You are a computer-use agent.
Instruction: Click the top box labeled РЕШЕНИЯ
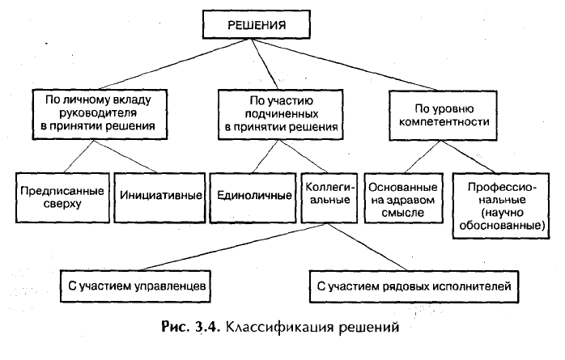pyautogui.click(x=257, y=24)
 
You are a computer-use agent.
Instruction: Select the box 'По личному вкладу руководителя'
pyautogui.click(x=100, y=115)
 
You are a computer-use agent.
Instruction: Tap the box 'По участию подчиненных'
pyautogui.click(x=280, y=115)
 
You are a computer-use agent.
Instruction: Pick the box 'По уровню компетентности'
pyautogui.click(x=444, y=115)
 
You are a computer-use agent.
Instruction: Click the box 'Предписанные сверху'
pyautogui.click(x=62, y=197)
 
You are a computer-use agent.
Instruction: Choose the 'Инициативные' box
pyautogui.click(x=159, y=197)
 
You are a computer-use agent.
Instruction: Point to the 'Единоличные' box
pyautogui.click(x=253, y=197)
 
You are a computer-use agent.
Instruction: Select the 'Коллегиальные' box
pyautogui.click(x=329, y=197)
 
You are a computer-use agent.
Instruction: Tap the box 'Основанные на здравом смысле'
pyautogui.click(x=404, y=198)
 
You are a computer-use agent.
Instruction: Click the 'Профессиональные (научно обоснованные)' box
pyautogui.click(x=501, y=206)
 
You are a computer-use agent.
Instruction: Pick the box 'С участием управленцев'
pyautogui.click(x=135, y=286)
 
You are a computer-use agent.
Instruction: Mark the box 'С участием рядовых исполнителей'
pyautogui.click(x=414, y=286)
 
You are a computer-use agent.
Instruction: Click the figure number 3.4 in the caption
pyautogui.click(x=206, y=327)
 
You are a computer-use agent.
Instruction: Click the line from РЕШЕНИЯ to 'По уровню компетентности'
pyautogui.click(x=345, y=65)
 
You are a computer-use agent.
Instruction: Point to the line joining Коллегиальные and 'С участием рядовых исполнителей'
pyautogui.click(x=368, y=247)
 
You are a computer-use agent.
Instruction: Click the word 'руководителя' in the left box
pyautogui.click(x=98, y=113)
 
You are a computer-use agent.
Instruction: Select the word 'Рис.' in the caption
pyautogui.click(x=175, y=327)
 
